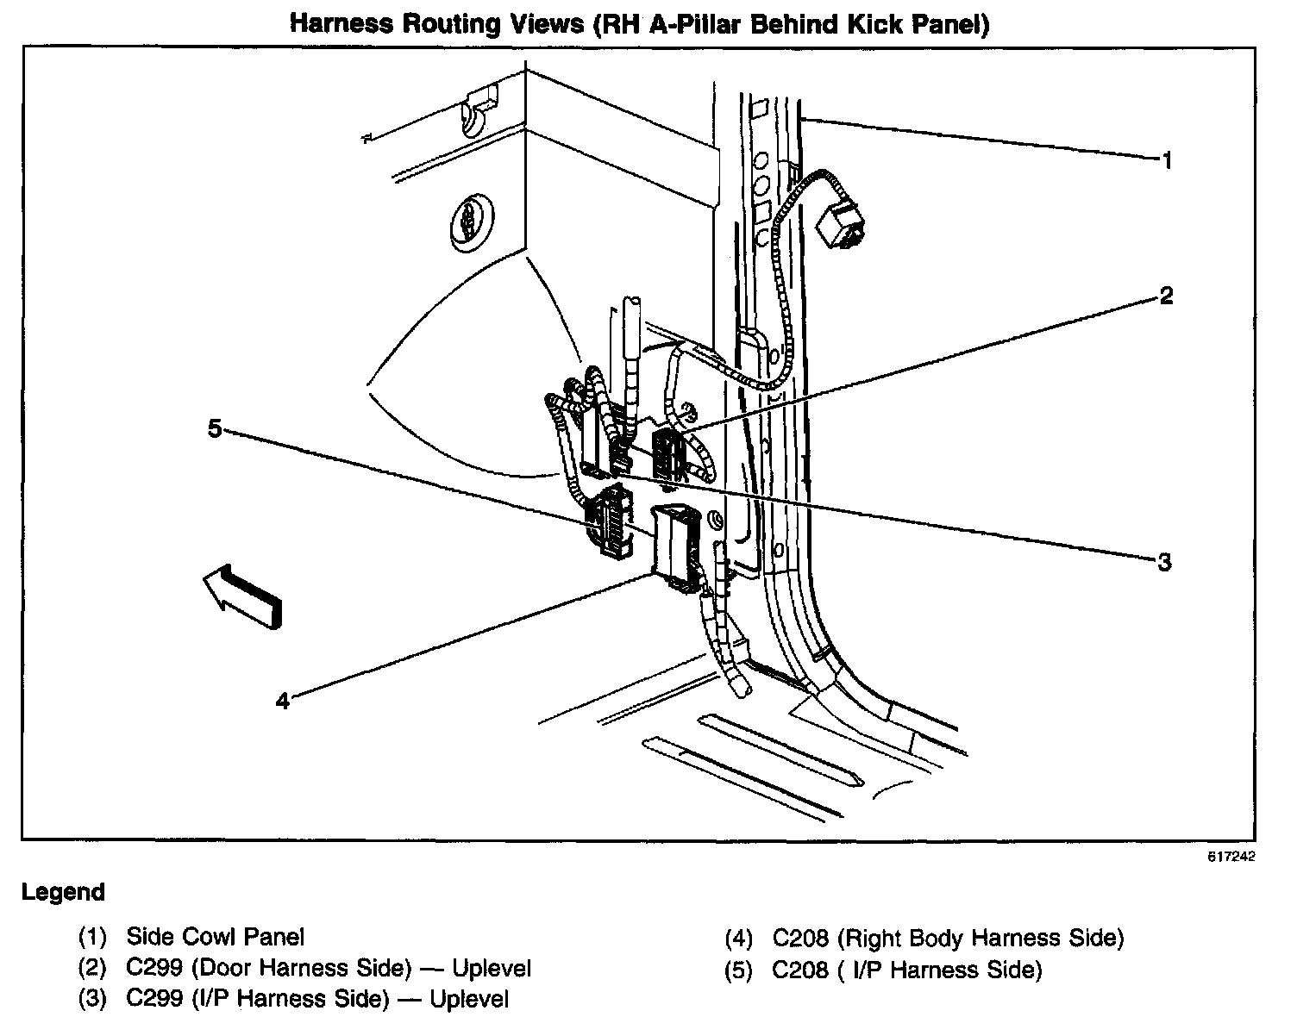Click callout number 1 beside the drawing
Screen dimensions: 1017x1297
(1166, 160)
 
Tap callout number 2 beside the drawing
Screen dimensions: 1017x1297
(1166, 296)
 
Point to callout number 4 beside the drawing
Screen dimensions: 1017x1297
(283, 701)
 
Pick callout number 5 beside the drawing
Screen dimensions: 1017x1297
(215, 428)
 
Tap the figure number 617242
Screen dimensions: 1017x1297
(1231, 857)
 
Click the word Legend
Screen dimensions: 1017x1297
(63, 892)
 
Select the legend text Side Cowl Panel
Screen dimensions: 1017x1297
(215, 936)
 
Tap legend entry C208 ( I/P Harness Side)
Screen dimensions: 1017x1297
(906, 970)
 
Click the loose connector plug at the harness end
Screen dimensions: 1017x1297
(840, 222)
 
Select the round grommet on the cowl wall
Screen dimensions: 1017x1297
(472, 220)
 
